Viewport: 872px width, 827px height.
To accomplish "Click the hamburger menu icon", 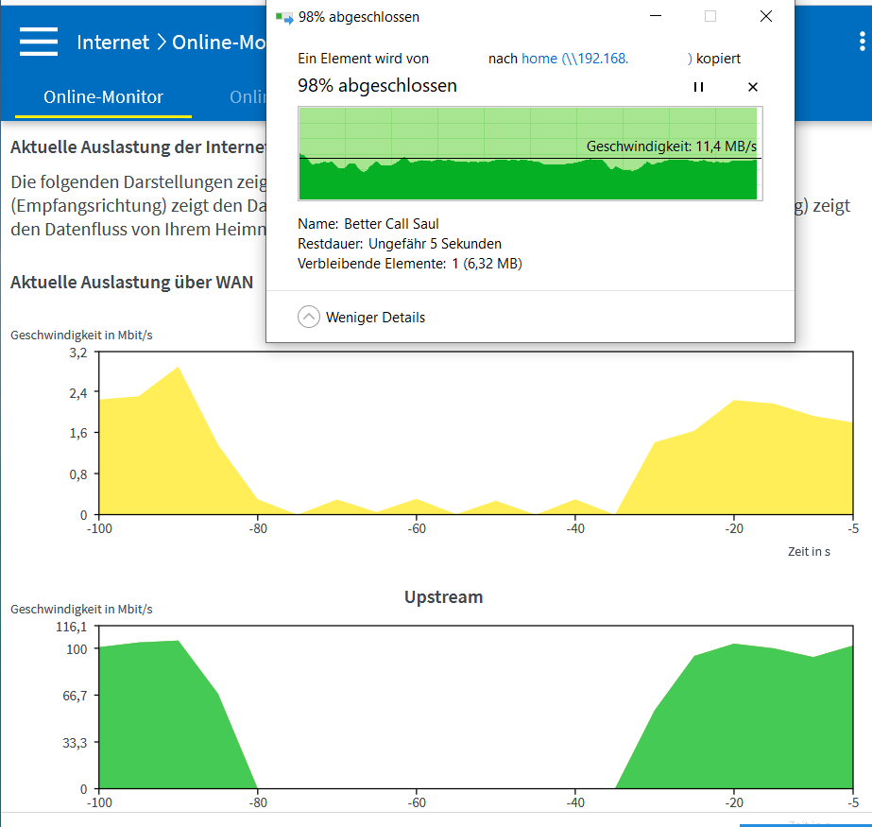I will coord(39,42).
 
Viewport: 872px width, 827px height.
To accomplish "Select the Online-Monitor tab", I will coord(103,97).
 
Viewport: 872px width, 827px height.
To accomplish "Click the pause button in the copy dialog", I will coord(698,87).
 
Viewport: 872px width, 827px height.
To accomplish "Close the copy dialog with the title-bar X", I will coord(766,16).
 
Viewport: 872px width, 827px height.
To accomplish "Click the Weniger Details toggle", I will coord(362,318).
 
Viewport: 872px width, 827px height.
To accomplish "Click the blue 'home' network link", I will coord(539,59).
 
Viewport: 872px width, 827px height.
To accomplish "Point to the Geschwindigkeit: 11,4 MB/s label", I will coord(671,146).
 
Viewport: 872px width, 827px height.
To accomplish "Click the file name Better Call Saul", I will coord(391,224).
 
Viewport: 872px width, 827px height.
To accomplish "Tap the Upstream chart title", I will coord(443,597).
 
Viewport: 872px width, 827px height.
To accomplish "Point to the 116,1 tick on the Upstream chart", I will coord(72,627).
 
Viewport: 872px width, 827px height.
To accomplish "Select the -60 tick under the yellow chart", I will coord(416,528).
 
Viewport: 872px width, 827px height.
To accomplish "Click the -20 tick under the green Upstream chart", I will coord(733,802).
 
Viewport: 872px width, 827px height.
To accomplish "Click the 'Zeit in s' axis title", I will coord(809,551).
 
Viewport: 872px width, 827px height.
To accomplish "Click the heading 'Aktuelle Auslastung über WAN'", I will coord(131,282).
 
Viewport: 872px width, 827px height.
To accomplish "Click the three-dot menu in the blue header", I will coord(862,42).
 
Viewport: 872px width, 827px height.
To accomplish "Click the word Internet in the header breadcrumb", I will coord(112,43).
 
